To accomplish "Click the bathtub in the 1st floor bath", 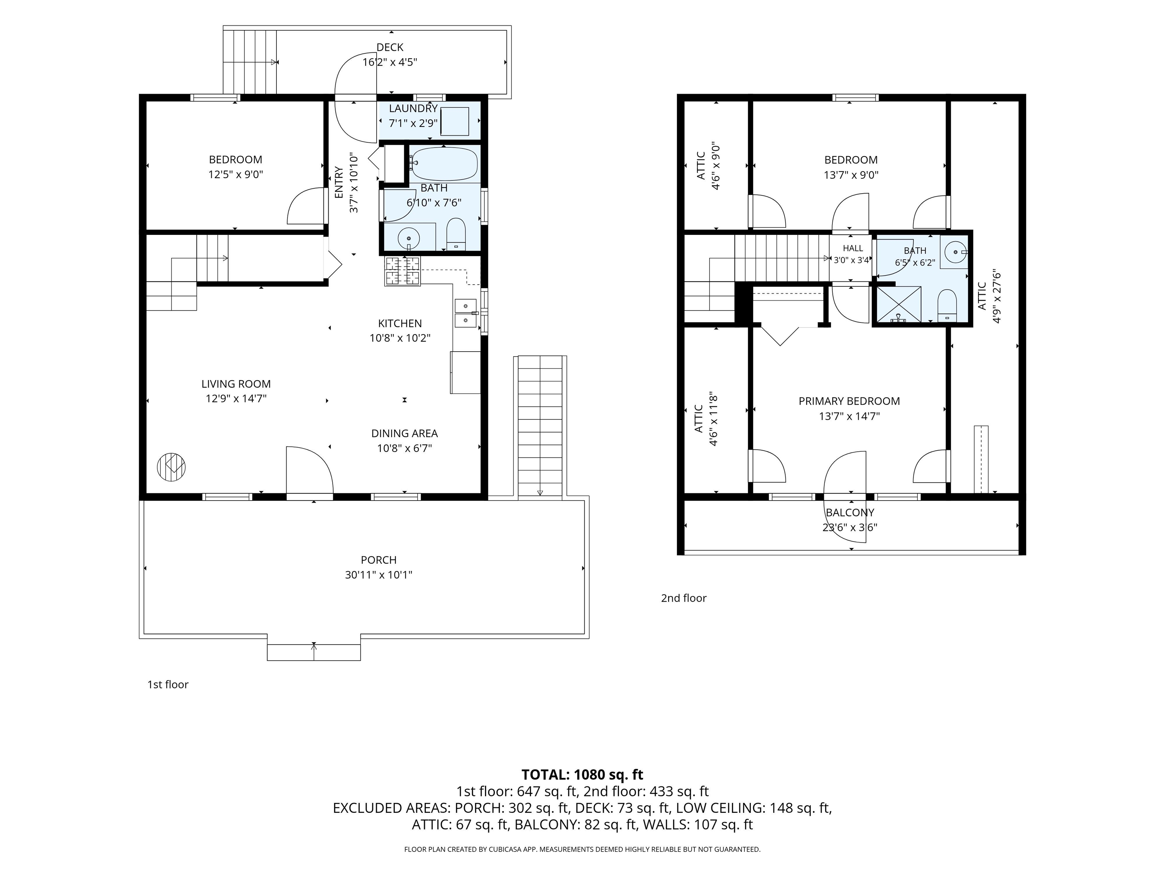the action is click(444, 164).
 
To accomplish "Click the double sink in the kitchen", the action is click(466, 313).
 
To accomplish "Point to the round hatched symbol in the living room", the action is click(171, 466).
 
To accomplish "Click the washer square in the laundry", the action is click(455, 122).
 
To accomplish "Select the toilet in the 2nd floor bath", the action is click(947, 305).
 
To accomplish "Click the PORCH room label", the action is click(379, 560).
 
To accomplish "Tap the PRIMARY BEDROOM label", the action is click(849, 401).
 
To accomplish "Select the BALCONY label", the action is click(850, 513).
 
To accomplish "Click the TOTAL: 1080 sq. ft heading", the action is click(582, 774).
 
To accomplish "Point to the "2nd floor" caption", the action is click(684, 598).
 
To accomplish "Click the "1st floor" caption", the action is click(168, 684).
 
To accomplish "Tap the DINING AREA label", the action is click(405, 433).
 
